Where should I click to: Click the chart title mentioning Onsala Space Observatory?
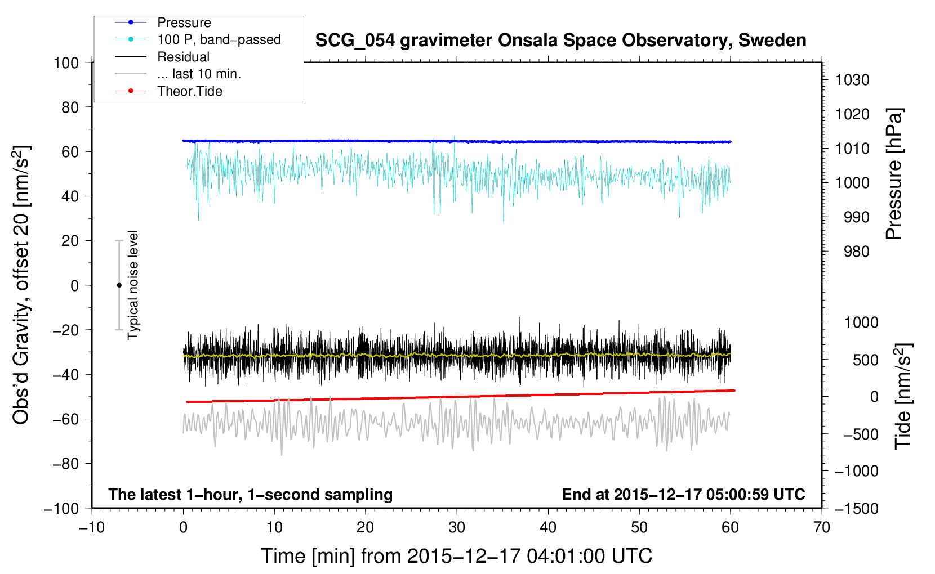point(560,41)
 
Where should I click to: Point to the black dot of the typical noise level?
point(119,285)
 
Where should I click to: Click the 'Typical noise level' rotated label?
point(133,285)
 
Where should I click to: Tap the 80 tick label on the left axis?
point(70,107)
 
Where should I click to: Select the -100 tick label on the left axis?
point(61,509)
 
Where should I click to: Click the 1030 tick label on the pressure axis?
point(852,80)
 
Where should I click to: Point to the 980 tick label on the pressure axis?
point(856,252)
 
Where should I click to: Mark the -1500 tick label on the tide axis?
point(857,509)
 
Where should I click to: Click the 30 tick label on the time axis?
point(457,528)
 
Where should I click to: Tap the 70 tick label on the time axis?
point(821,528)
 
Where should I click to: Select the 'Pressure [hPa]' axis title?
point(894,174)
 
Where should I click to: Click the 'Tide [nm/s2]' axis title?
point(903,396)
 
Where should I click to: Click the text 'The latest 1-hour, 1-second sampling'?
point(251,495)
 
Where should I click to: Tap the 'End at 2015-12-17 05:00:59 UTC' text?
point(683,495)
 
